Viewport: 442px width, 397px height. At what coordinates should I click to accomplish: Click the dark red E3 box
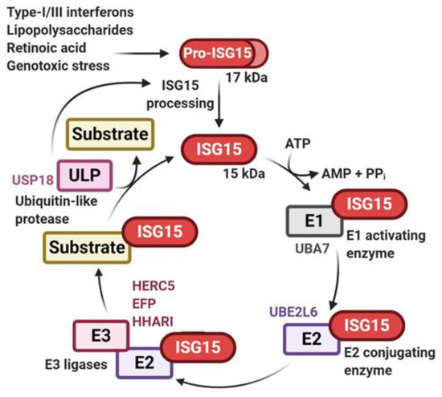(96, 336)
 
